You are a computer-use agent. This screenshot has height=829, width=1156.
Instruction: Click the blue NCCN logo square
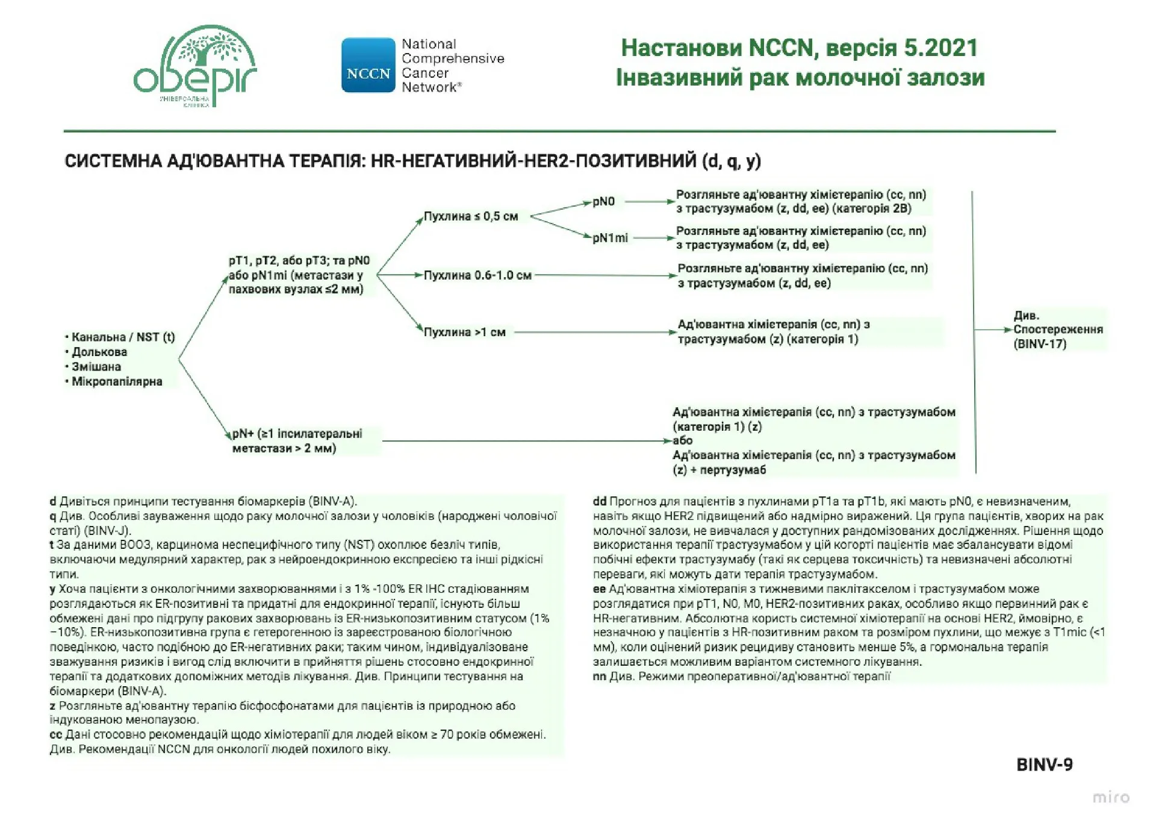click(x=368, y=66)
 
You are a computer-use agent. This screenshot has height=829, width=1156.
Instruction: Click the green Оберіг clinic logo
click(x=194, y=66)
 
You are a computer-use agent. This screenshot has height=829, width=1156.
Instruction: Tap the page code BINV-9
click(x=1044, y=765)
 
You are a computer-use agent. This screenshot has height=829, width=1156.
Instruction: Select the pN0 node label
click(x=603, y=201)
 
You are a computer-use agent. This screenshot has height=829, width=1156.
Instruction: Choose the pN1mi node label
click(x=610, y=238)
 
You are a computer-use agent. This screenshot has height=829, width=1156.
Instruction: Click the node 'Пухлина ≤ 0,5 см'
click(x=471, y=216)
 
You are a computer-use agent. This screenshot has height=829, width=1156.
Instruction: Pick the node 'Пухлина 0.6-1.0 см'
click(x=477, y=275)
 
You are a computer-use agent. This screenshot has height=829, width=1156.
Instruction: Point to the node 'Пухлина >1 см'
click(x=464, y=332)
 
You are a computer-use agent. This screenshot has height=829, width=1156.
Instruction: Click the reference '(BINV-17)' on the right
click(x=1040, y=344)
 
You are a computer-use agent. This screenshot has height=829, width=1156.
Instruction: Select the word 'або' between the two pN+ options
click(x=683, y=440)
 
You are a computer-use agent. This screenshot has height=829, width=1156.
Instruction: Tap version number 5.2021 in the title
click(x=941, y=48)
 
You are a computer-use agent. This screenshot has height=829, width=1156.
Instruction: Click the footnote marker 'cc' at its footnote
click(x=55, y=734)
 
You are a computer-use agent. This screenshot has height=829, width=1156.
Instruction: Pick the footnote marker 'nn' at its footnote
click(x=599, y=676)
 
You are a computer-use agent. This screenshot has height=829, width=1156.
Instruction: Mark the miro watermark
click(x=1111, y=797)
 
